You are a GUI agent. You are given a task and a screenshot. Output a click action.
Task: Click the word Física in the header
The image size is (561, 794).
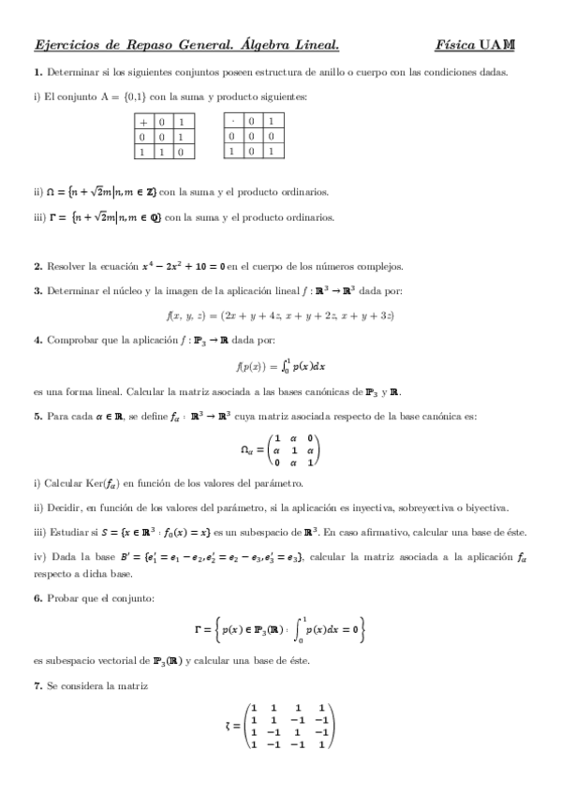coord(453,44)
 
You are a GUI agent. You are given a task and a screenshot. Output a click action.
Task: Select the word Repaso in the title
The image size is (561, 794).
coord(152,44)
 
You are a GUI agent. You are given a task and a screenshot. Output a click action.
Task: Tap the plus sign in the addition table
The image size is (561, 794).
coord(144,122)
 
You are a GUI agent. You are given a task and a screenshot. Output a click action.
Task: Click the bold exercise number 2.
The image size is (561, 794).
coord(37,266)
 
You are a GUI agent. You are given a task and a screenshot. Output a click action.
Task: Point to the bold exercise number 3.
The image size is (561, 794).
coord(37,290)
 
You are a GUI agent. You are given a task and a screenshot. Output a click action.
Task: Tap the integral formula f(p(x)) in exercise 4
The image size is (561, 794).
coord(280,366)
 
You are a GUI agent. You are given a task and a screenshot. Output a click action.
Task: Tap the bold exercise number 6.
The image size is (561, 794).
coord(37,597)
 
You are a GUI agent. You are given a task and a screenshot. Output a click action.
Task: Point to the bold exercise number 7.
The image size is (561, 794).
coord(37,688)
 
